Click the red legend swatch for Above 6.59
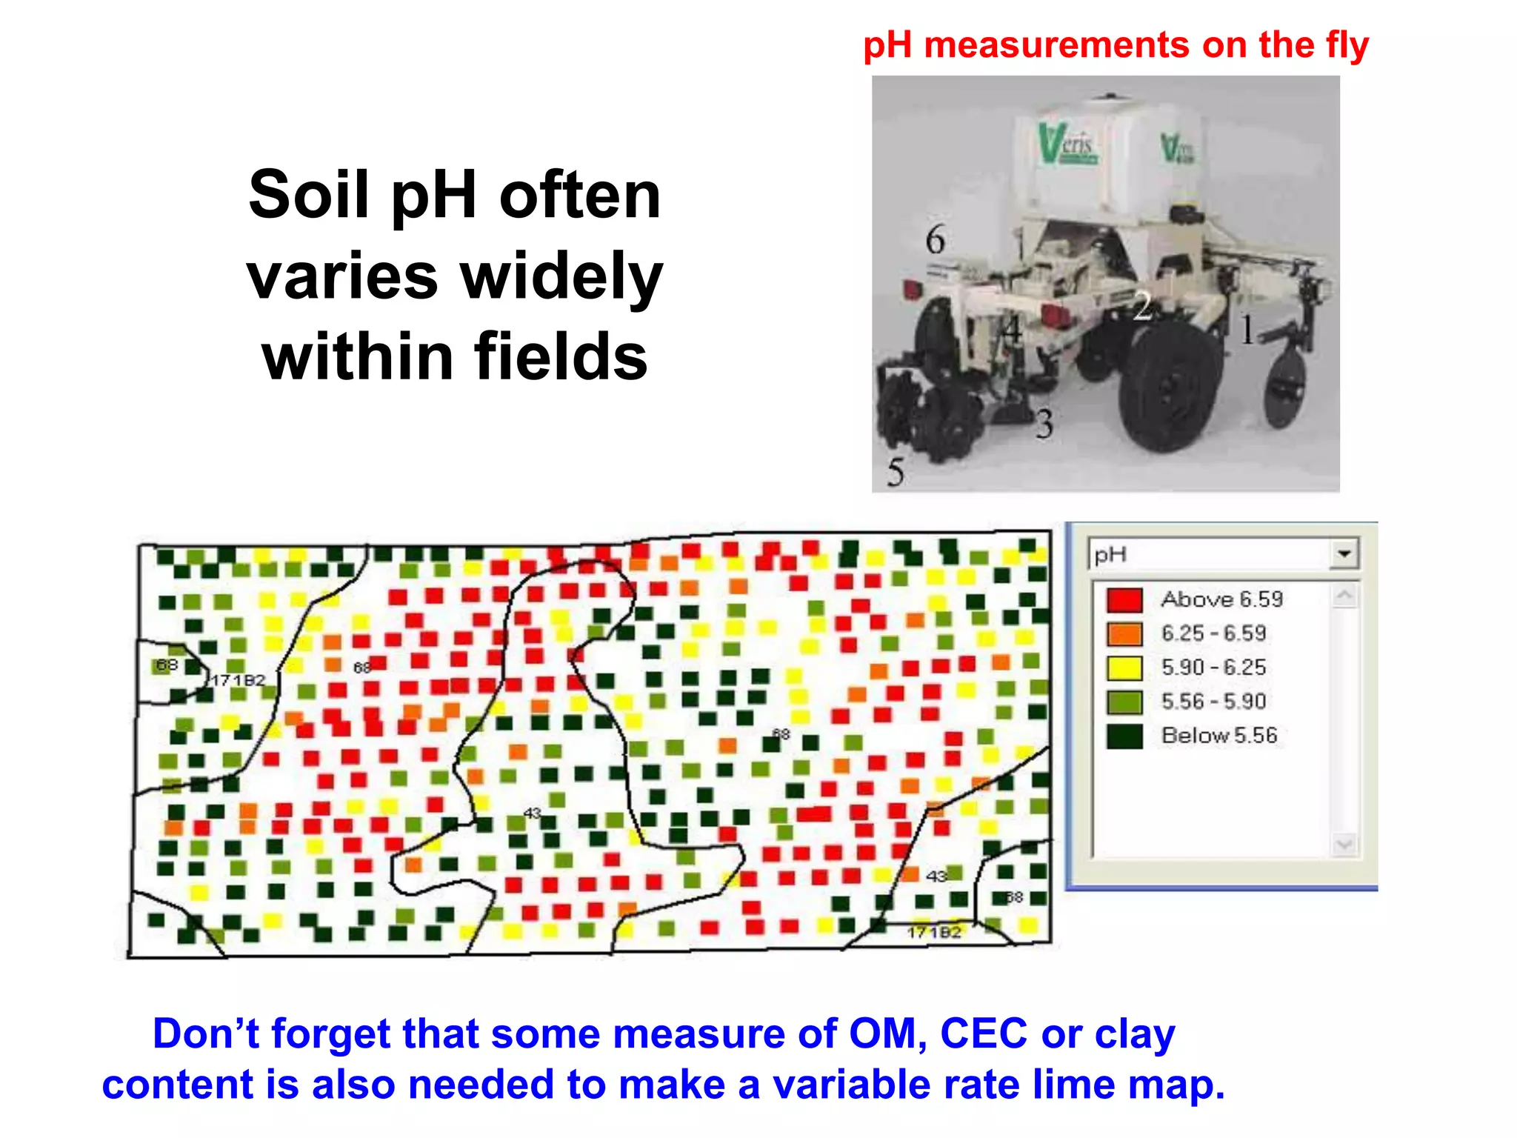pos(1124,599)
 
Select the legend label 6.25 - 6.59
pos(1213,633)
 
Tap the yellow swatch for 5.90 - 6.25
pos(1124,668)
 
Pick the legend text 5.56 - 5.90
pos(1213,702)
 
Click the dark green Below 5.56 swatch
pos(1124,736)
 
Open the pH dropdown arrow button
pos(1344,553)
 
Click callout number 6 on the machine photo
pos(935,240)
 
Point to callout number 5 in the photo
pos(896,472)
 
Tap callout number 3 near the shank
pos(1044,425)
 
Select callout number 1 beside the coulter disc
pos(1247,330)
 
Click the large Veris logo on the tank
pos(1067,144)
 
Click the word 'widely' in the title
pos(561,277)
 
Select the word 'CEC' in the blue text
pos(984,1034)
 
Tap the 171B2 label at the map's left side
pos(238,680)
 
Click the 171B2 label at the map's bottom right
pos(934,932)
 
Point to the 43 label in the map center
pos(532,813)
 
